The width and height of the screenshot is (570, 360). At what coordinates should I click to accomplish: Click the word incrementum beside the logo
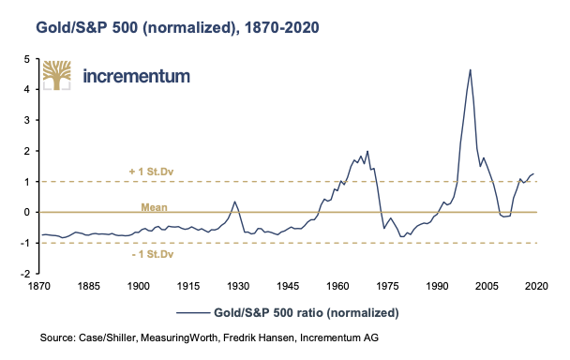pyautogui.click(x=137, y=76)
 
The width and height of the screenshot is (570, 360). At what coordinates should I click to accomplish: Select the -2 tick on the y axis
pyautogui.click(x=27, y=274)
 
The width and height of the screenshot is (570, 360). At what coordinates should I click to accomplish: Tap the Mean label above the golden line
pyautogui.click(x=153, y=202)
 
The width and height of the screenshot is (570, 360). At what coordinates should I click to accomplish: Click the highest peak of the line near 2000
pyautogui.click(x=470, y=69)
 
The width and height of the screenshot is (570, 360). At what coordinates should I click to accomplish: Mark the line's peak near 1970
pyautogui.click(x=367, y=150)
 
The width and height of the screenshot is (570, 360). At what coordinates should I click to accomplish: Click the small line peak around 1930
pyautogui.click(x=234, y=202)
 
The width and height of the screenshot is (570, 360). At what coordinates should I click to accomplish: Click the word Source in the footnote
pyautogui.click(x=56, y=336)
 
